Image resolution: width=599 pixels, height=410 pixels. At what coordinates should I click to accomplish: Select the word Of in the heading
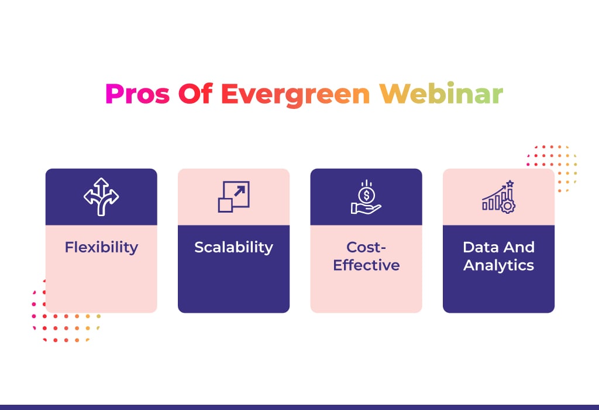[x=195, y=94]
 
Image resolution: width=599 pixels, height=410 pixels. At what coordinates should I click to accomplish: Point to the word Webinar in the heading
[x=441, y=93]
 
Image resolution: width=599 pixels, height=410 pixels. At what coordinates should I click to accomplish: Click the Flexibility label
[x=101, y=247]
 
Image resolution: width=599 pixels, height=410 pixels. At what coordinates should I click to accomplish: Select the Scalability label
[x=234, y=247]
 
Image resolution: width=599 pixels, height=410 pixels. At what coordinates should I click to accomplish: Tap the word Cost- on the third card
[x=366, y=247]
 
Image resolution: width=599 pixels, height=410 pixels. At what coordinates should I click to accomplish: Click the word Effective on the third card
[x=366, y=265]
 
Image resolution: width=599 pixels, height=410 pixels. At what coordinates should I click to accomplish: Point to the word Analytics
[x=498, y=266]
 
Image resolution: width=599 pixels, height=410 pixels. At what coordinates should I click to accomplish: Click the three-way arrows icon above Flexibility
[x=101, y=197]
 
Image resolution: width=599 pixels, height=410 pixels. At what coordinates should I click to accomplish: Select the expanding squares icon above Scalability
[x=234, y=197]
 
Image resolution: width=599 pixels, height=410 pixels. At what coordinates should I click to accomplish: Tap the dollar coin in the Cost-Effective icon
[x=366, y=196]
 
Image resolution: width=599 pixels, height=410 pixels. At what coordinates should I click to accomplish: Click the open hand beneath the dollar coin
[x=366, y=209]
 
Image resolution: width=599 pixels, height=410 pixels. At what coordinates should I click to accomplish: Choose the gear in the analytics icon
[x=508, y=206]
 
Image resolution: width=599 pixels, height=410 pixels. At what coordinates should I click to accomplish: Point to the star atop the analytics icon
[x=510, y=184]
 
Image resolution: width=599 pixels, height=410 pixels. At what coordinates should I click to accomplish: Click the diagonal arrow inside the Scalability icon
[x=239, y=191]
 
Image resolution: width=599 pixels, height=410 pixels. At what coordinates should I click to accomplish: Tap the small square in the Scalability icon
[x=225, y=205]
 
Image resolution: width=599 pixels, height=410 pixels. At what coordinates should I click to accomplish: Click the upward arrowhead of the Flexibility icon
[x=101, y=182]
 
